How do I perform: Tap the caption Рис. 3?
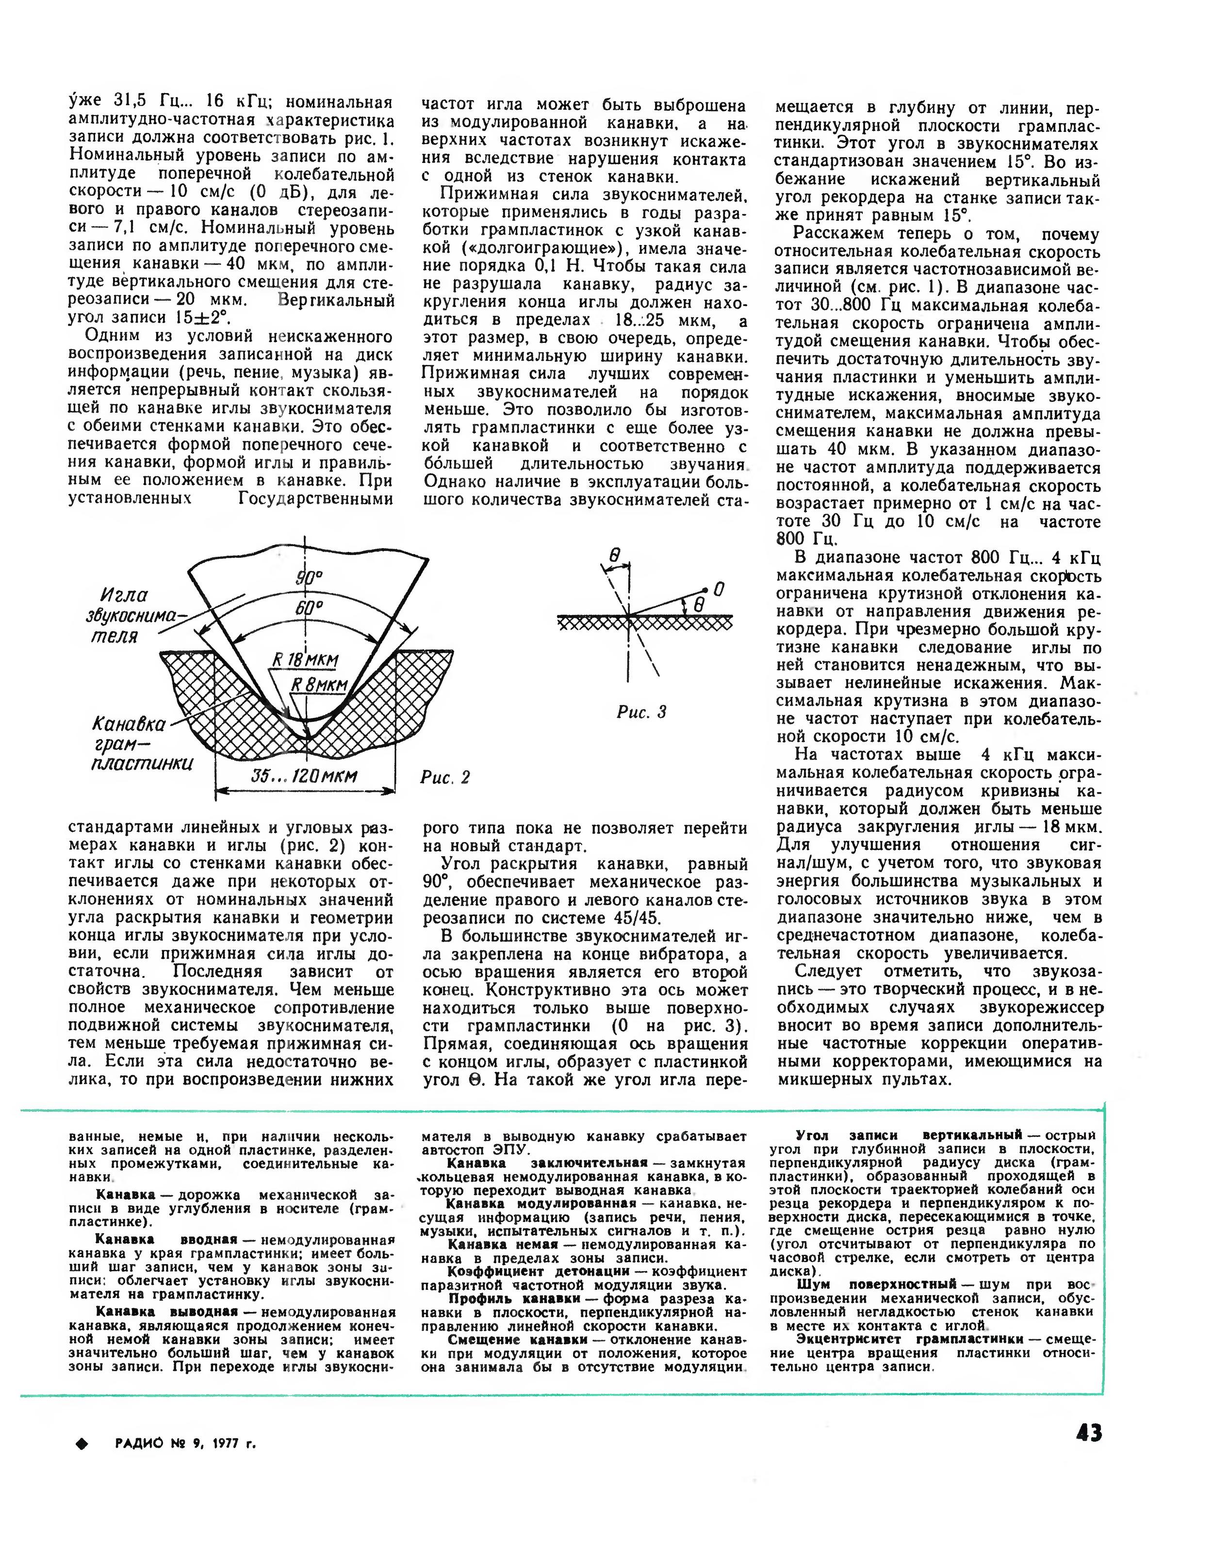[x=641, y=712]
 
